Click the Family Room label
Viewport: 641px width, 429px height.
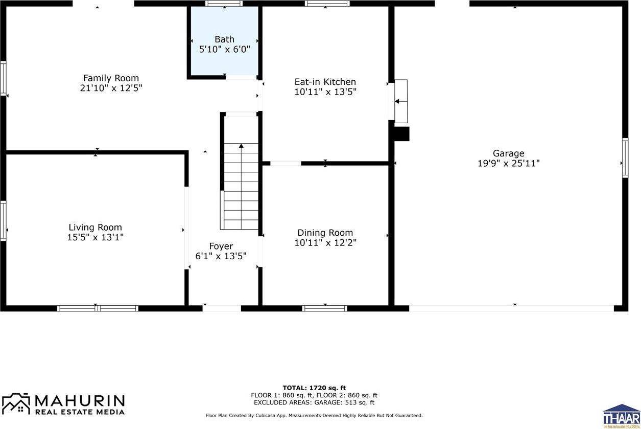pos(111,78)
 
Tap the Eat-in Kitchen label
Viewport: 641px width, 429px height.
pos(325,82)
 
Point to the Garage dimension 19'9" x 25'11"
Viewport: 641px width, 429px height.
pos(508,164)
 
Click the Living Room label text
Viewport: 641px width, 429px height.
pos(96,228)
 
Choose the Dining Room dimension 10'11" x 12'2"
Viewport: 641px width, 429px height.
pos(325,243)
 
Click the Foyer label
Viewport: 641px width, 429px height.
pos(221,246)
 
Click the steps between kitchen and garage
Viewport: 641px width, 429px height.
pos(401,101)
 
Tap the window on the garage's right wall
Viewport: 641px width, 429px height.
pos(625,158)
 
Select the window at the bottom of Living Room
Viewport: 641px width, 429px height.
pos(97,308)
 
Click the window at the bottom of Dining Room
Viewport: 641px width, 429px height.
pos(325,308)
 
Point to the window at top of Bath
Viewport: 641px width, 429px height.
pos(224,3)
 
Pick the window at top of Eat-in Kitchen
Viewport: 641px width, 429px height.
pos(327,3)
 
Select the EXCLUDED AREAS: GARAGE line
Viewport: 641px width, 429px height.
pos(314,402)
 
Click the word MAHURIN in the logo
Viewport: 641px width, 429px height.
pos(79,400)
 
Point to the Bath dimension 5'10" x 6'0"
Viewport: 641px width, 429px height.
pos(224,50)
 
